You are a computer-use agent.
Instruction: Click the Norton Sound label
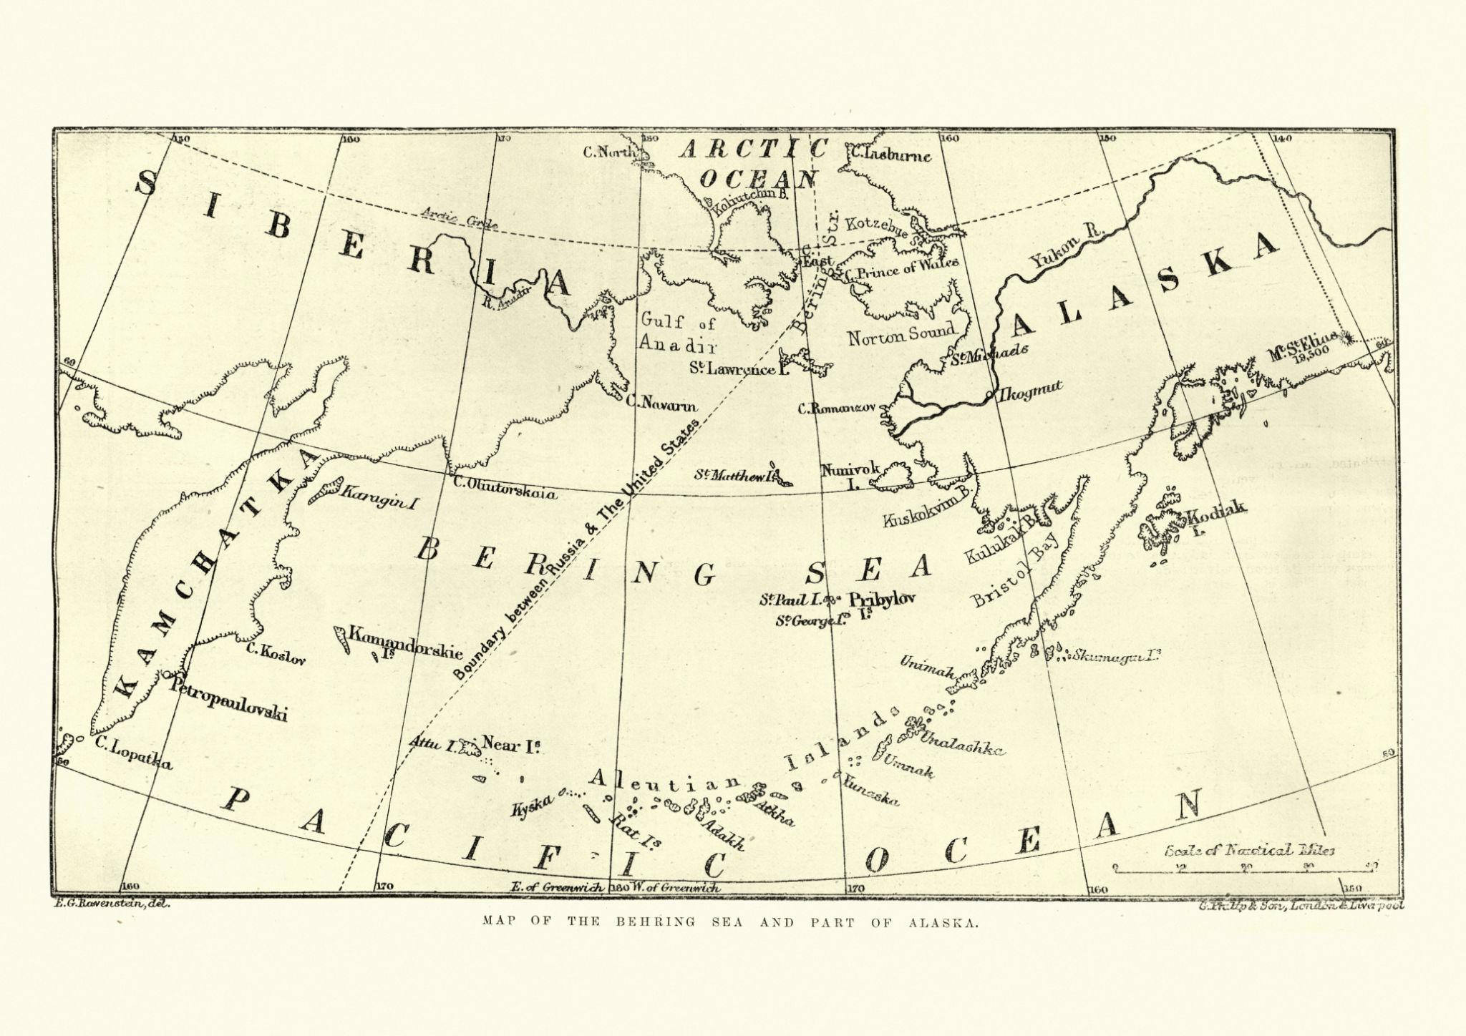[x=901, y=334]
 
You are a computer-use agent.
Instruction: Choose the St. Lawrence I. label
[x=732, y=368]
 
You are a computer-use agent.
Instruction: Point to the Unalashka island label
[x=963, y=744]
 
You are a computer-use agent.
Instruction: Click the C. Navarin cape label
[x=660, y=405]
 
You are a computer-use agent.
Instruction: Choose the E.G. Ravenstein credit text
[x=111, y=905]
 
